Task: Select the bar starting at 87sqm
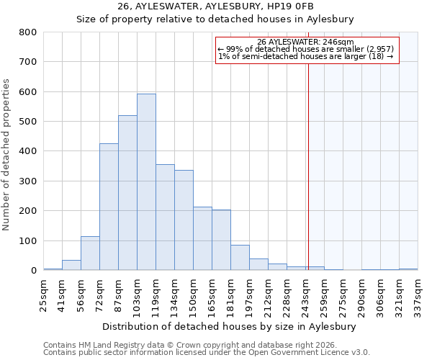(127, 193)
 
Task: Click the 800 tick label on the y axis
(27, 32)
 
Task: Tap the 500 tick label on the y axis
(27, 122)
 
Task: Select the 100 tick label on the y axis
(27, 241)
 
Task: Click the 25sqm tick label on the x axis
(43, 295)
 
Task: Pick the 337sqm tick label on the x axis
(418, 295)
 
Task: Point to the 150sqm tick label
(193, 295)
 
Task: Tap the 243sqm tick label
(305, 295)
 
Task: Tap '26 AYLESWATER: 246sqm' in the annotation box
(305, 42)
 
